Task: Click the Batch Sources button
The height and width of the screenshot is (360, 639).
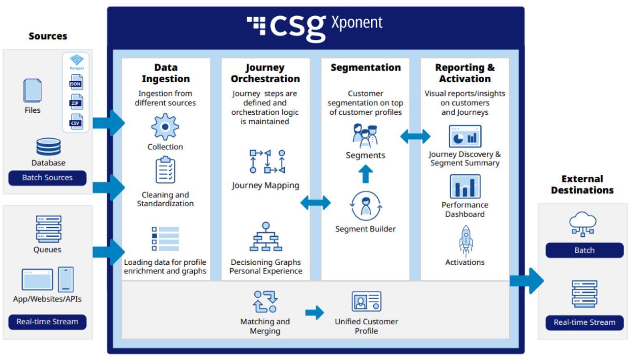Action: point(47,178)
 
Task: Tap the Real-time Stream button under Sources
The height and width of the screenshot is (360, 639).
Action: point(47,321)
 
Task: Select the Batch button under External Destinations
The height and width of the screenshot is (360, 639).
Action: point(584,250)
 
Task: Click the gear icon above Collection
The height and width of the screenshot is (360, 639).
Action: point(165,127)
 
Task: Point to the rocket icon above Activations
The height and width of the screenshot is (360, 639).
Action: point(465,241)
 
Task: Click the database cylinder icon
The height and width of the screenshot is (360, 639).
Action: point(48,147)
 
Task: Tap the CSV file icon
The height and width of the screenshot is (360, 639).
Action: point(76,121)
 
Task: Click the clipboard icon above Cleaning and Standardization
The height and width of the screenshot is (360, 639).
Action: point(165,170)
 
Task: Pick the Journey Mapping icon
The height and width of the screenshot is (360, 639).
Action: point(267,161)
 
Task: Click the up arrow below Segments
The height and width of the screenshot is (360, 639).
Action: point(365,174)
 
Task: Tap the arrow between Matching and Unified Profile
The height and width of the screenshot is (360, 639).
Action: point(314,312)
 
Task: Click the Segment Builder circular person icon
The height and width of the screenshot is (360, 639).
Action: point(366,206)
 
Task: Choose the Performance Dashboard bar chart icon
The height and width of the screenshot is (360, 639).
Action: point(465,186)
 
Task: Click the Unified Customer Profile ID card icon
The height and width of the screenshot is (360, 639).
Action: point(366,301)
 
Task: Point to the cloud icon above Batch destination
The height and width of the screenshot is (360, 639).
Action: point(583,223)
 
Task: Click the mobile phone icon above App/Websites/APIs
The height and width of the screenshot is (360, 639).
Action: point(66,279)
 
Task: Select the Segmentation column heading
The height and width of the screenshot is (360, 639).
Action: point(365,67)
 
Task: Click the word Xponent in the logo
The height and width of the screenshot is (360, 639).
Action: point(357,23)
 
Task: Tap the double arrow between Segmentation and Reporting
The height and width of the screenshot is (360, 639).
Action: point(415,136)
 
